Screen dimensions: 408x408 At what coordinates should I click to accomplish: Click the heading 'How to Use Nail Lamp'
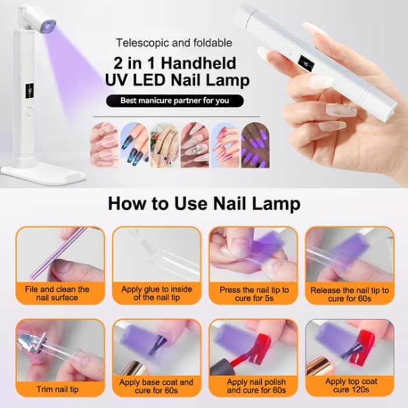tap(204, 204)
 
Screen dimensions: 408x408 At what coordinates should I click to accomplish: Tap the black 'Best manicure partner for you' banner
tap(174, 101)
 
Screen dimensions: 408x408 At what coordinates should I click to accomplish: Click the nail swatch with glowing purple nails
tap(255, 145)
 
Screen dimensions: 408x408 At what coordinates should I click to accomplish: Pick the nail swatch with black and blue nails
tap(134, 145)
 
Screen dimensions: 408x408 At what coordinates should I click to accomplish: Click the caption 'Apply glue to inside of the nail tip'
tap(156, 293)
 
